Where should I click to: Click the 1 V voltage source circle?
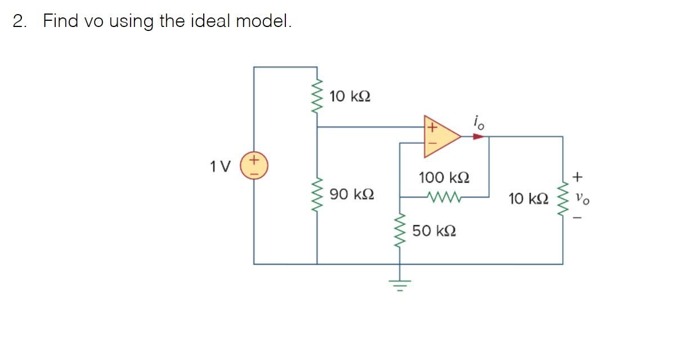click(254, 166)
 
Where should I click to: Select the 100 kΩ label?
click(443, 178)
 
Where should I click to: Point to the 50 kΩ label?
click(434, 231)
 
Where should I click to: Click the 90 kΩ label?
click(352, 195)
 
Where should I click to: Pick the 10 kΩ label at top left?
click(349, 96)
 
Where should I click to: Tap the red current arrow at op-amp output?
click(478, 136)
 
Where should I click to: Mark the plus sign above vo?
click(577, 178)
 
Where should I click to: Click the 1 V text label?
click(220, 166)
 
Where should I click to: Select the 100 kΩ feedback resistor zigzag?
click(444, 197)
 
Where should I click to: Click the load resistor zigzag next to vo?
click(562, 199)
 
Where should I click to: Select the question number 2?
click(20, 21)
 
